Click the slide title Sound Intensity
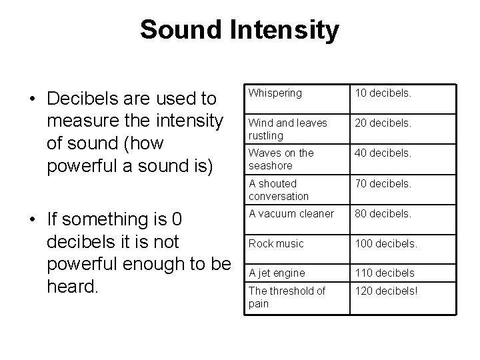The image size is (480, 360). click(239, 30)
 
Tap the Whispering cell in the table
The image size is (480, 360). click(275, 94)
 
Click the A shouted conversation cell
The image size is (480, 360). click(279, 189)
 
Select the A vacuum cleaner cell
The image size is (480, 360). click(291, 214)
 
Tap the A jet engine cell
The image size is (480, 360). click(277, 273)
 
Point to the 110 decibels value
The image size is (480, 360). click(385, 273)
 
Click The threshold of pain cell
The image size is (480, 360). click(287, 297)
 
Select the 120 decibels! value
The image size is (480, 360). click(387, 291)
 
